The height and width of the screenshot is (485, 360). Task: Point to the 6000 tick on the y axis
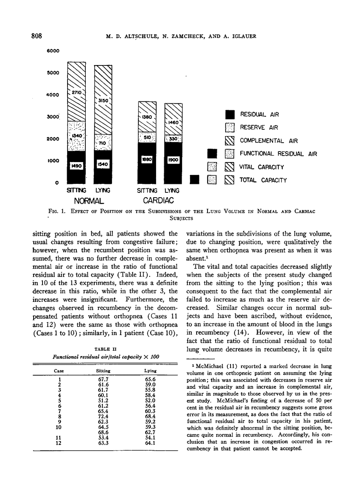(x=53, y=51)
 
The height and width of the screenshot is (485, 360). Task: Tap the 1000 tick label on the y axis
(x=53, y=160)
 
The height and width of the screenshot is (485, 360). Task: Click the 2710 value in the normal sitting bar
(x=77, y=93)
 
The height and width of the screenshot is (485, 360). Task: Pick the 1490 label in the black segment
(x=76, y=166)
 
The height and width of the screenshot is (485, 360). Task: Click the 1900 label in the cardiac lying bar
(x=174, y=160)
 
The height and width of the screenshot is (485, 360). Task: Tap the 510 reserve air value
(x=147, y=137)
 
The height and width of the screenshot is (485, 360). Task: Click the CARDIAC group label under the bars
(x=158, y=200)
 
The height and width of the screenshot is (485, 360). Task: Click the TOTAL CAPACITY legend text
(x=263, y=180)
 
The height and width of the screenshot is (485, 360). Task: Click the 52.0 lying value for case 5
(x=151, y=405)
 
